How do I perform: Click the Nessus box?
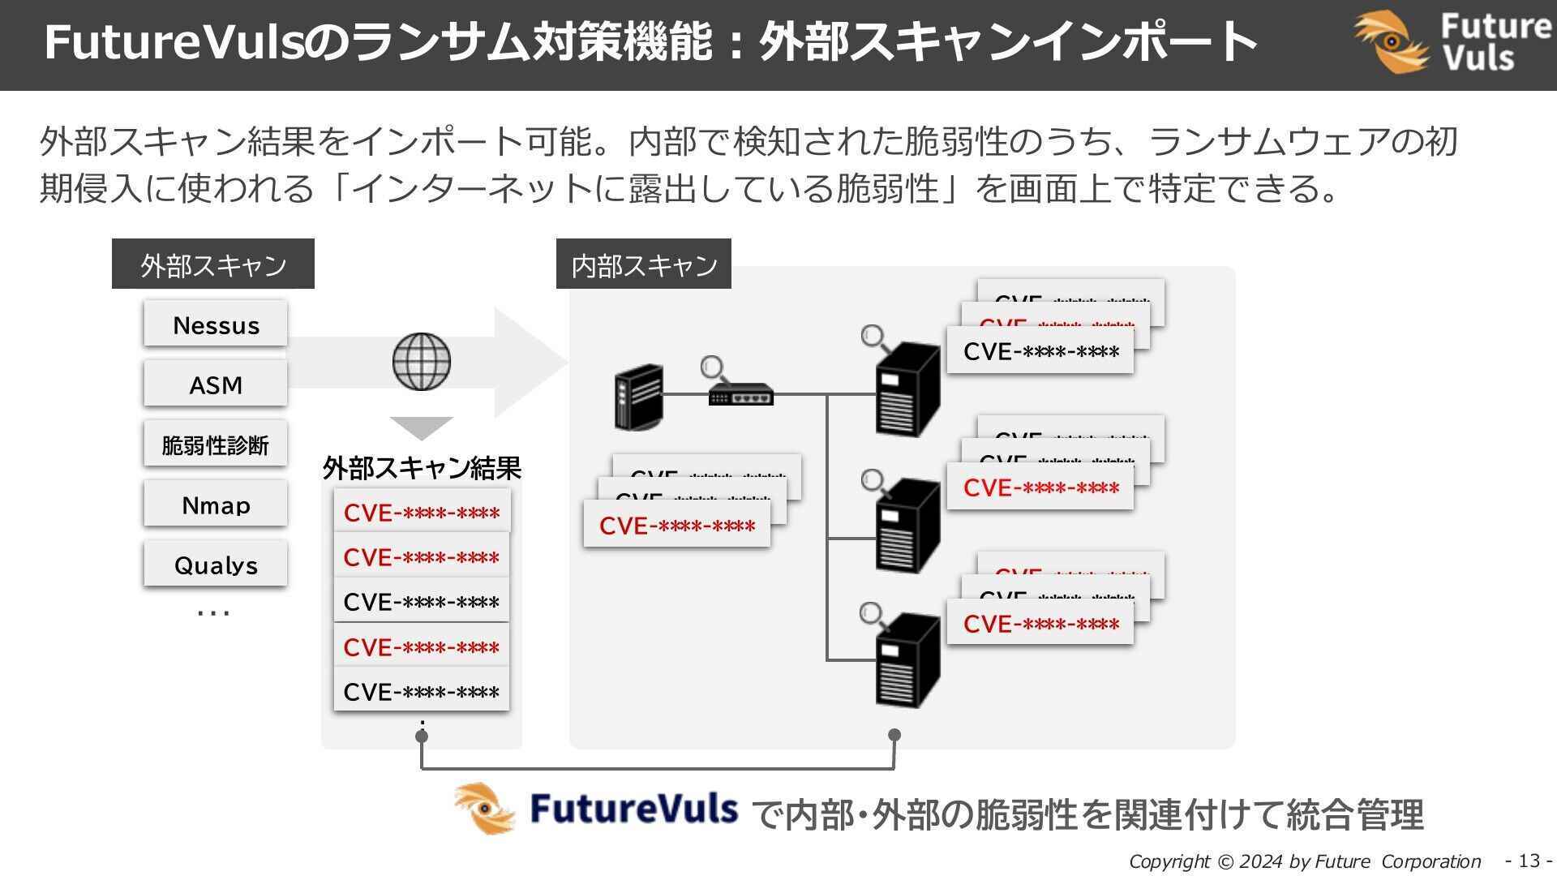tap(216, 324)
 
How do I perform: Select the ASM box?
tap(216, 384)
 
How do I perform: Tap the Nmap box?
tap(216, 505)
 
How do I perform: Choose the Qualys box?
tap(216, 565)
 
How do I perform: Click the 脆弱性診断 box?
tap(216, 444)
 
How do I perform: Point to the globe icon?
tap(422, 362)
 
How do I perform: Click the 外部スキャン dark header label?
tap(213, 264)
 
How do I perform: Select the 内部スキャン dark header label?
tap(644, 264)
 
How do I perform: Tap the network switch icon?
tap(740, 396)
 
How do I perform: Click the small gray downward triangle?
tap(422, 427)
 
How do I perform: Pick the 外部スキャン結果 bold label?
tap(422, 468)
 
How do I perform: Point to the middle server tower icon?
tap(908, 526)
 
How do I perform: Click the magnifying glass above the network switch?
tap(713, 368)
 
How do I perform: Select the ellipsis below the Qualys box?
tap(214, 613)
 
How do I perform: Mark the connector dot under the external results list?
tap(422, 736)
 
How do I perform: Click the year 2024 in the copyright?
tap(1261, 861)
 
